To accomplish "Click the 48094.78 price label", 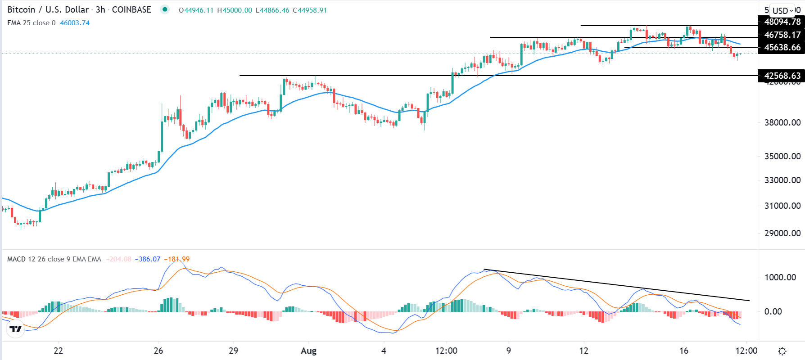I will pyautogui.click(x=782, y=22).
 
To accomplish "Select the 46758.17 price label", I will pyautogui.click(x=782, y=35).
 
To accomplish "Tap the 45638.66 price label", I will pyautogui.click(x=782, y=47).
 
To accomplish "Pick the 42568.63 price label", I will pyautogui.click(x=782, y=76).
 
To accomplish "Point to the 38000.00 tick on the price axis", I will pyautogui.click(x=782, y=122).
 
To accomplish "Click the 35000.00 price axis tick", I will pyautogui.click(x=782, y=156).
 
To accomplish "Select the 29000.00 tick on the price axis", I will pyautogui.click(x=782, y=233).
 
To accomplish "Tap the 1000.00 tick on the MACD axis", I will pyautogui.click(x=780, y=277).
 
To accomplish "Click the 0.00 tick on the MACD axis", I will pyautogui.click(x=773, y=311).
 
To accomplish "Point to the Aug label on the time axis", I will pyautogui.click(x=308, y=351).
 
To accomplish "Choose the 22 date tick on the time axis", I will pyautogui.click(x=58, y=351).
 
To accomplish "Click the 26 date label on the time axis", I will pyautogui.click(x=158, y=351).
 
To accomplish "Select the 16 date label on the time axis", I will pyautogui.click(x=683, y=351).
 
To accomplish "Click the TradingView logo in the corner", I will pyautogui.click(x=16, y=329).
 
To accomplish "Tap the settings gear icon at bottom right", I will pyautogui.click(x=782, y=351).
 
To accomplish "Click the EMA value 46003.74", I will pyautogui.click(x=75, y=23).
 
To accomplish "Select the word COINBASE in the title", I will pyautogui.click(x=131, y=9).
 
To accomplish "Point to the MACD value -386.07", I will pyautogui.click(x=149, y=259).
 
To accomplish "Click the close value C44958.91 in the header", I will pyautogui.click(x=310, y=10).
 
